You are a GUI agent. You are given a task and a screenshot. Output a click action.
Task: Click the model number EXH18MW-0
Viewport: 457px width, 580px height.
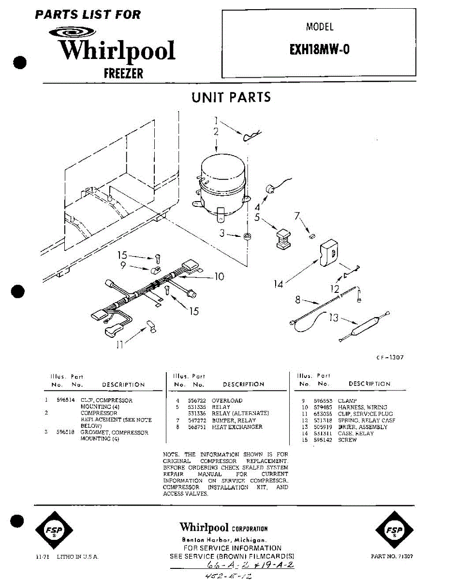pos(319,50)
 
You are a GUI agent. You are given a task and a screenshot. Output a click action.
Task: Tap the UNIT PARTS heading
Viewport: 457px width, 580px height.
pos(231,98)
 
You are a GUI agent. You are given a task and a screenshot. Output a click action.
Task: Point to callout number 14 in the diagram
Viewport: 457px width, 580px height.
pos(278,285)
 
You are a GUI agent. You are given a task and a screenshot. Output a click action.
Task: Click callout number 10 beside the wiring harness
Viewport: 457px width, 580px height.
pos(219,276)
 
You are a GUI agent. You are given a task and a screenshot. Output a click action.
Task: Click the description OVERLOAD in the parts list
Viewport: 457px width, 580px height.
pos(227,401)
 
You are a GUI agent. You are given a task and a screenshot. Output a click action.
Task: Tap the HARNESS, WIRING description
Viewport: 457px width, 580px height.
pos(362,407)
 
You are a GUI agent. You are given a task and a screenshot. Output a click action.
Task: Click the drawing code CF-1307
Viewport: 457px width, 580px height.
pos(389,358)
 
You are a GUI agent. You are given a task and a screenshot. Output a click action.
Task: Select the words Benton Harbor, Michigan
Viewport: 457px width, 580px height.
pos(223,539)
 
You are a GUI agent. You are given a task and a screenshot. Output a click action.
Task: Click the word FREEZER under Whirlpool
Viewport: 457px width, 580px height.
pos(123,73)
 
